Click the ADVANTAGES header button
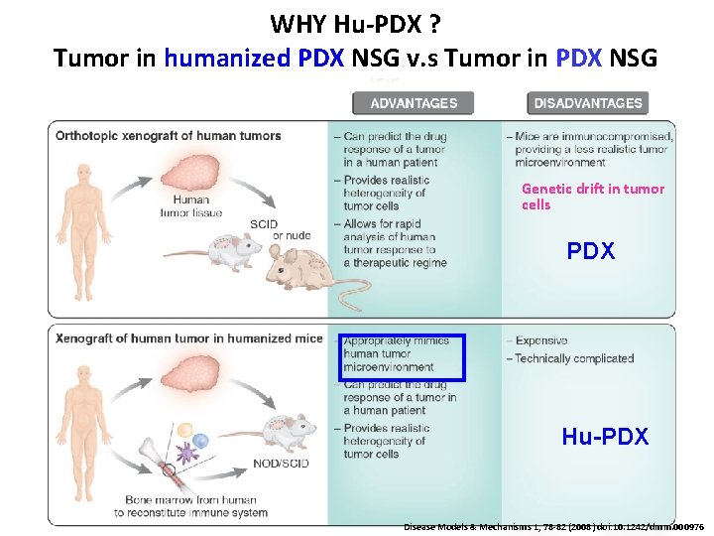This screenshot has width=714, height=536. [414, 103]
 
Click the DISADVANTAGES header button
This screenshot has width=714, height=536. [588, 103]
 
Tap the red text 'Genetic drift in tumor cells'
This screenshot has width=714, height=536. [592, 197]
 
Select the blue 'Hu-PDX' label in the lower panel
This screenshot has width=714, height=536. [605, 436]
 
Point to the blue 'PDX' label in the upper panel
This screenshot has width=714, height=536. [591, 251]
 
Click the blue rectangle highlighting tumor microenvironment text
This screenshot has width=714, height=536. [403, 356]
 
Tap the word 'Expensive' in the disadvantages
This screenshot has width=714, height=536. [541, 340]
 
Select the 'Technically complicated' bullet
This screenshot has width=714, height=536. [574, 358]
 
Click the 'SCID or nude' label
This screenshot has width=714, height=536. [277, 228]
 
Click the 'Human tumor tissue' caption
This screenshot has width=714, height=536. [189, 205]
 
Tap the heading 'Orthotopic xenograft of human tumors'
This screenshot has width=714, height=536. [169, 136]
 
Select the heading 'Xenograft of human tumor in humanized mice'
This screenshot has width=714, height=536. [189, 338]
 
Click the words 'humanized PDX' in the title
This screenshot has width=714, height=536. [253, 59]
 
